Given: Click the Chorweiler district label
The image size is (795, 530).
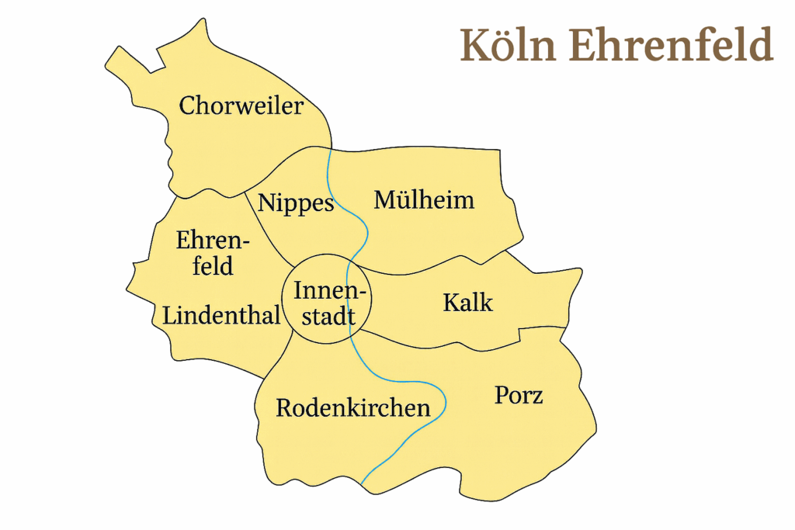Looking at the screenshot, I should (241, 106).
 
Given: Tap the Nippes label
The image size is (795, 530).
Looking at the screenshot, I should (296, 203).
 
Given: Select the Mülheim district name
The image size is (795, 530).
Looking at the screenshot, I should (424, 200).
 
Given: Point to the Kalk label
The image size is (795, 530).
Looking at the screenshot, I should (467, 302).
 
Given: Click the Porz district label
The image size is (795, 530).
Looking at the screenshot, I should (519, 396).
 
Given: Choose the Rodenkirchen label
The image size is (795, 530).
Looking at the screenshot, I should (352, 408).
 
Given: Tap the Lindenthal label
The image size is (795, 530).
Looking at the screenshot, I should (221, 316).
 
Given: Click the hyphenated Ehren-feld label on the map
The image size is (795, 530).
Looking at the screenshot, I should (213, 253).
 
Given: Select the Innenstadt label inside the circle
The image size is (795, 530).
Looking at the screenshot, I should (325, 303).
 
